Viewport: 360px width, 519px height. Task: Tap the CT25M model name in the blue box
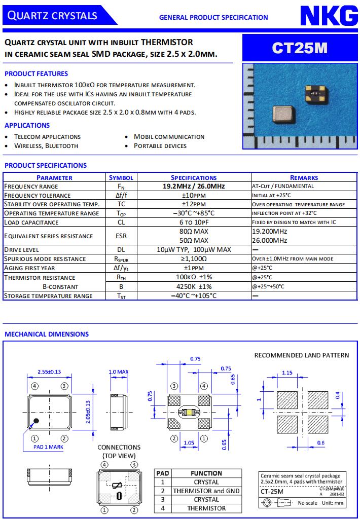(x=300, y=48)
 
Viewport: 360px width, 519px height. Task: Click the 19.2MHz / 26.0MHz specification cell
(x=193, y=187)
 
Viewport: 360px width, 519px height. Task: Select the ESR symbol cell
(x=121, y=236)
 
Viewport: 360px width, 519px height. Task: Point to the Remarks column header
(x=304, y=177)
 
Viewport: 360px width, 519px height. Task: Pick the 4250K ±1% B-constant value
(x=193, y=286)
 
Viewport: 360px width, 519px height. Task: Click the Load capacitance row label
(x=31, y=223)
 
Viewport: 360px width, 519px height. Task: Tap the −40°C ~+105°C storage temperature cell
(x=193, y=296)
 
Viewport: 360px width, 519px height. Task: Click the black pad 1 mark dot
(x=36, y=421)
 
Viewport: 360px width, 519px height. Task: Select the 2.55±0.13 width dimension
(x=49, y=372)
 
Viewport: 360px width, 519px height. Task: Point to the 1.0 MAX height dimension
(x=119, y=372)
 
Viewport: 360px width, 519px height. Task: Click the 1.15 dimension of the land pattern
(x=287, y=373)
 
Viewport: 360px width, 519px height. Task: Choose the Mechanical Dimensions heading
(x=47, y=334)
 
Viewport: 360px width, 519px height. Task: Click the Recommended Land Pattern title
(x=301, y=355)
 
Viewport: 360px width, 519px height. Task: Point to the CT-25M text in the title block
(x=272, y=491)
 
